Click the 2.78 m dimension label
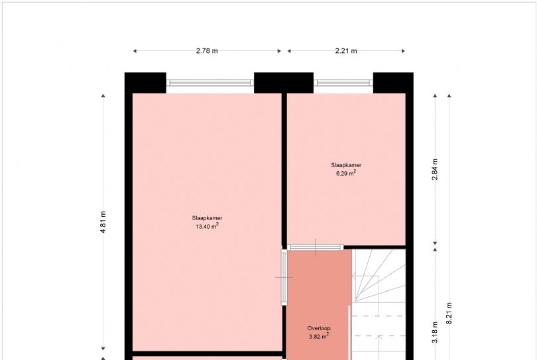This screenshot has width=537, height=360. click(207, 51)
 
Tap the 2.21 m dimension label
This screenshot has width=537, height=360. click(346, 51)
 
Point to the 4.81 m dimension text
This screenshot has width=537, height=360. click(103, 222)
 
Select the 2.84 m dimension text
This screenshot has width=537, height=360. click(435, 170)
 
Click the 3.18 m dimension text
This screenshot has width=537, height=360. click(435, 332)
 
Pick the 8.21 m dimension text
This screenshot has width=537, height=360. click(449, 313)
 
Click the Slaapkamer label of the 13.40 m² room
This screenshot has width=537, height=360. click(208, 218)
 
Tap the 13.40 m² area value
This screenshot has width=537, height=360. click(208, 226)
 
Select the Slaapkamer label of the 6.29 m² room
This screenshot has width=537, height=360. click(346, 165)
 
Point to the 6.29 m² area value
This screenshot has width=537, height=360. click(346, 173)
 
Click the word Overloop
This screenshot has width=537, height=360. click(319, 328)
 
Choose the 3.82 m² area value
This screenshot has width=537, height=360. click(319, 336)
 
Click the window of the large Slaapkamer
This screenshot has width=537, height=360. click(210, 83)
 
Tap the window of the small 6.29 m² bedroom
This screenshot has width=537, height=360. click(343, 83)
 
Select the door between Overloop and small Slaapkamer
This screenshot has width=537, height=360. click(316, 247)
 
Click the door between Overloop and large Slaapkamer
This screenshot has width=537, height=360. click(284, 277)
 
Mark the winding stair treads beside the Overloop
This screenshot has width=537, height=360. click(379, 275)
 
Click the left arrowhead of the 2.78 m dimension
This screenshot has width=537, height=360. click(135, 51)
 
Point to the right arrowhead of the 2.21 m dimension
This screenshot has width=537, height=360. click(403, 51)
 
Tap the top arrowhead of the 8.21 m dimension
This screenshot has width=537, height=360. click(449, 95)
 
